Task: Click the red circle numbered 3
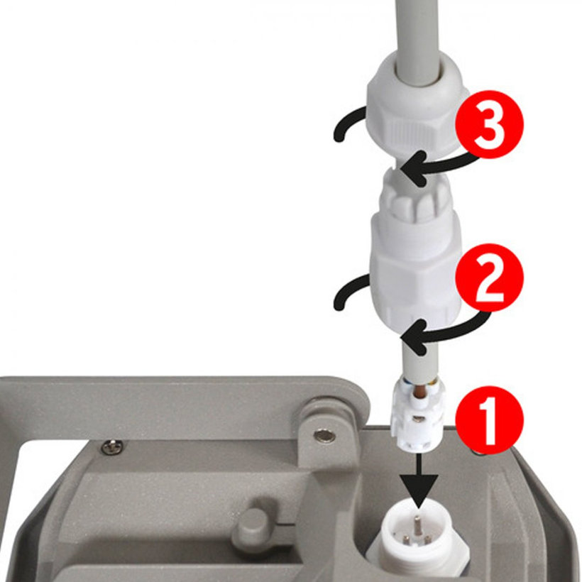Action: [x=489, y=123]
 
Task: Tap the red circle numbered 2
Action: [x=489, y=278]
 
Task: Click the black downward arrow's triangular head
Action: [x=419, y=490]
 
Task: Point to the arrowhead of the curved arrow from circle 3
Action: [x=412, y=169]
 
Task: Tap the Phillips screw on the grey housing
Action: [x=113, y=446]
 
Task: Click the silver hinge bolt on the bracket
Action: [x=324, y=435]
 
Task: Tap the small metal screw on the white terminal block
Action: [x=419, y=419]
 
